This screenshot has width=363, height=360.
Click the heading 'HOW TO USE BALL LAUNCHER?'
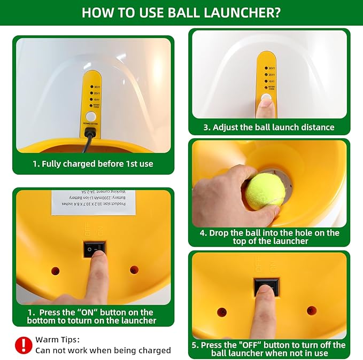tap(181, 12)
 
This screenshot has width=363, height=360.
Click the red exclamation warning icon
tap(23, 345)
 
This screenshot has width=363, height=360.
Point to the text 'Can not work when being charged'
tap(103, 350)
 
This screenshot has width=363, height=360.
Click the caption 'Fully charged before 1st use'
tap(93, 164)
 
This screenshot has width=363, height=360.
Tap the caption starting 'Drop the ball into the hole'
tap(269, 237)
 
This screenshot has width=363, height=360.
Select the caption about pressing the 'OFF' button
tap(269, 349)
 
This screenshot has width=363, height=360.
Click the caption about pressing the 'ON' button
tap(91, 316)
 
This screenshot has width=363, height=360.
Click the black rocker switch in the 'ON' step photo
tap(94, 249)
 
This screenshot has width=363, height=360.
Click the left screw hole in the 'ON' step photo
tap(55, 270)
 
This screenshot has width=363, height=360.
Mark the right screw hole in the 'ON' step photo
tap(134, 270)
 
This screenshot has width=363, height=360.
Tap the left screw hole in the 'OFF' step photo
tap(221, 311)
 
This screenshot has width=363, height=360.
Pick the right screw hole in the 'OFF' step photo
tap(312, 310)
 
